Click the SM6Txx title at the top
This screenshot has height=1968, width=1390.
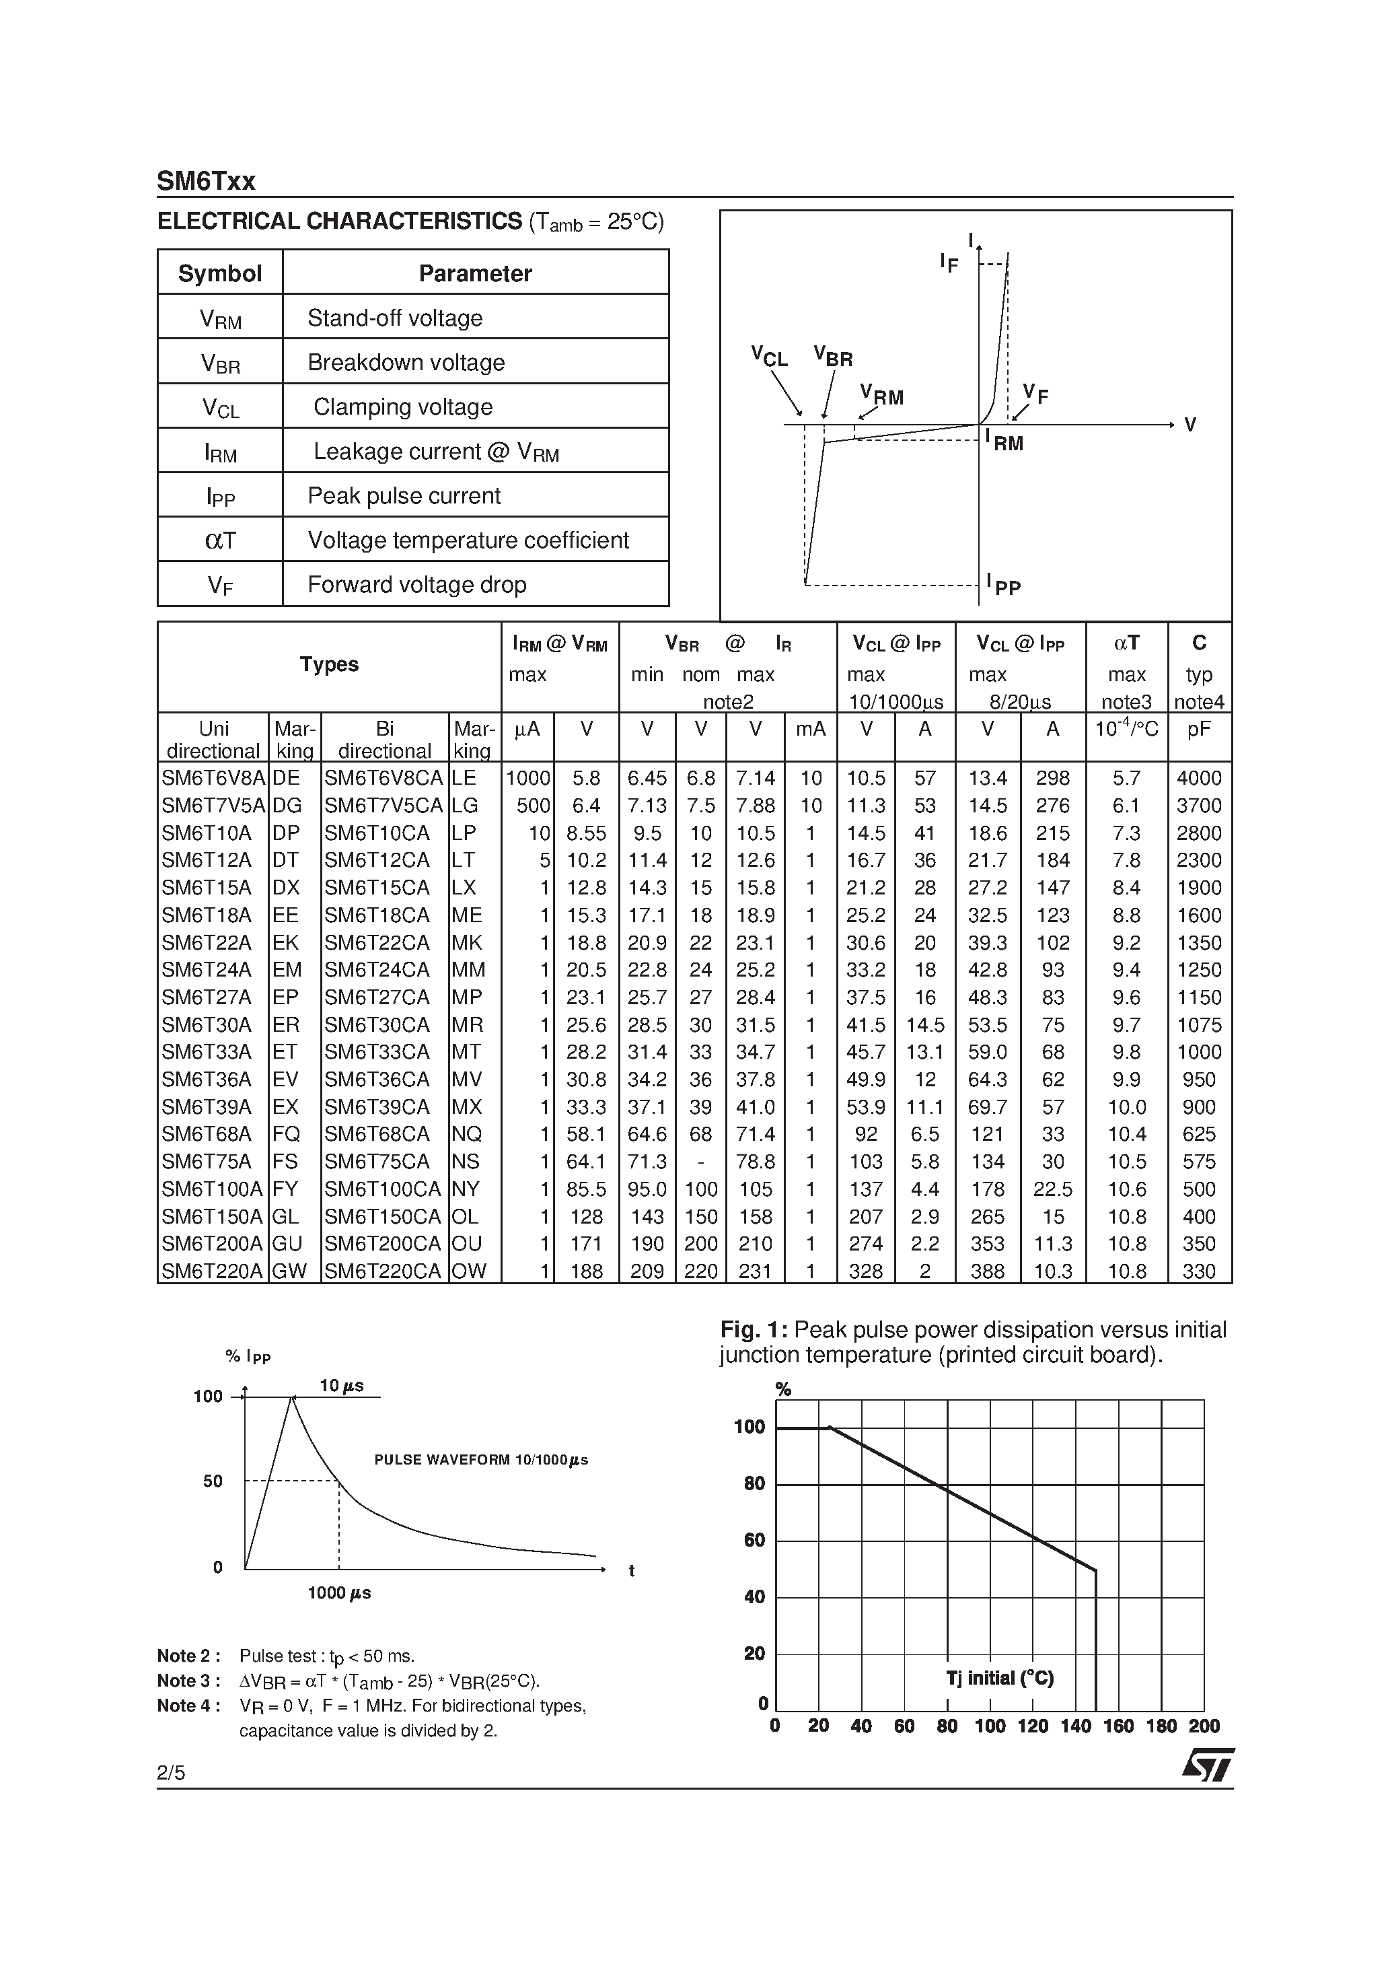click(206, 182)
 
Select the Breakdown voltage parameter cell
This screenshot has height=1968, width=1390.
click(406, 363)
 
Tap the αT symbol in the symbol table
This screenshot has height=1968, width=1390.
click(220, 540)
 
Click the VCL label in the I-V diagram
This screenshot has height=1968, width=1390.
click(769, 356)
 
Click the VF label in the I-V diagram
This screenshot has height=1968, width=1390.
click(1035, 394)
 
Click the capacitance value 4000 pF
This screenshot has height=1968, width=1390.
click(1199, 778)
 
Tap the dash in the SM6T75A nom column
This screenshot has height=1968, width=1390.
click(700, 1162)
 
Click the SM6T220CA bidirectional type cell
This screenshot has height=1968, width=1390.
click(383, 1271)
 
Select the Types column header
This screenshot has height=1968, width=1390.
click(329, 664)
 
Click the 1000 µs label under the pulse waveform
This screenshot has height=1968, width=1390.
click(339, 1592)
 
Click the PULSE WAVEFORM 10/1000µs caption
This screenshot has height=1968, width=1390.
click(481, 1460)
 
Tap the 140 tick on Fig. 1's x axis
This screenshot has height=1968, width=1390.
click(1076, 1726)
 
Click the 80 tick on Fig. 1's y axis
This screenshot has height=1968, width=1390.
click(754, 1483)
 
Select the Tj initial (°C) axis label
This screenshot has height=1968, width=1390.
click(1000, 1677)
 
